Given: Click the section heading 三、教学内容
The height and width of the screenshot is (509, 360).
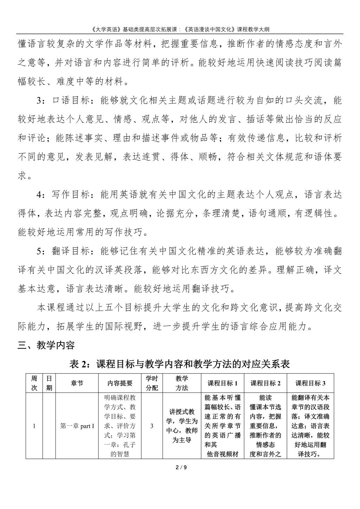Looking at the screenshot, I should point(46,345).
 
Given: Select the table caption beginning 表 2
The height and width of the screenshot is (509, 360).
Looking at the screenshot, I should point(180,364).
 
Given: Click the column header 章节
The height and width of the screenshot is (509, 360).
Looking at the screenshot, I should point(77,383).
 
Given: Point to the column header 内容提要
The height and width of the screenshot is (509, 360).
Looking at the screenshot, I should point(120,383).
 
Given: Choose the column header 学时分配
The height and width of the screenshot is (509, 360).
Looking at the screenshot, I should point(152,383).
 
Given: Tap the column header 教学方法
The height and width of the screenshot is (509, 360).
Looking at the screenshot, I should point(182,383).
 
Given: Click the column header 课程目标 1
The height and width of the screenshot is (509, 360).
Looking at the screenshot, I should point(223,383).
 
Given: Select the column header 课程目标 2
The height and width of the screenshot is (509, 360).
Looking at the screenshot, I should point(265,383).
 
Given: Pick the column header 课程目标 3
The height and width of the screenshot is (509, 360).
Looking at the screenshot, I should point(310,383).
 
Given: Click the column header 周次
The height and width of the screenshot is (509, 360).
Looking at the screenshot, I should point(34,383).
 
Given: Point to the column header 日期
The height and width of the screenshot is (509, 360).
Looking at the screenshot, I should point(49,383).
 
